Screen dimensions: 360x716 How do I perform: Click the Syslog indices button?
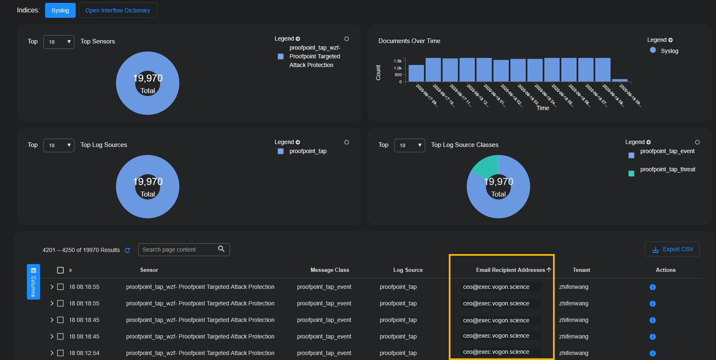[x=60, y=10]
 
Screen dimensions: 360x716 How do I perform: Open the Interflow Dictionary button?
[x=118, y=10]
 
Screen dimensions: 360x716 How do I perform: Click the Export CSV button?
[x=672, y=249]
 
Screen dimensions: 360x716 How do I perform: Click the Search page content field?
[x=179, y=250]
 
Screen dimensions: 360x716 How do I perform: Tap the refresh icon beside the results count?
[x=127, y=250]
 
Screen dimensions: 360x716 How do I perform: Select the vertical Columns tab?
[x=34, y=281]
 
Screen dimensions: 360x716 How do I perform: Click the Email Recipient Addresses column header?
[x=510, y=270]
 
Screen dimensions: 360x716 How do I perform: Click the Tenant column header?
[x=581, y=270]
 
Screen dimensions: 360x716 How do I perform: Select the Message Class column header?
[x=330, y=270]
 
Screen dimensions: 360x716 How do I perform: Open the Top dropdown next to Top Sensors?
[x=59, y=42]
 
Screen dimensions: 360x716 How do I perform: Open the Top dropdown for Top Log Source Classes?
[x=409, y=145]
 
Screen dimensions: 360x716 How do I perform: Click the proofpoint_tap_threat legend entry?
[x=667, y=170]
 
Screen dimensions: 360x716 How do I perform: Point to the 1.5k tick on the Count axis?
[x=398, y=61]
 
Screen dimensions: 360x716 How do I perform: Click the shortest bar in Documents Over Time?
[x=620, y=80]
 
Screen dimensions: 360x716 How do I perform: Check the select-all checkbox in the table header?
[x=60, y=270]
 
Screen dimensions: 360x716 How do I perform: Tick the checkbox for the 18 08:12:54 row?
[x=60, y=353]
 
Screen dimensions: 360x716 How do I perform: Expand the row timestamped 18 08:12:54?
[x=52, y=353]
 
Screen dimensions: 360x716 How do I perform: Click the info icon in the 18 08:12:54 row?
[x=653, y=353]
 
